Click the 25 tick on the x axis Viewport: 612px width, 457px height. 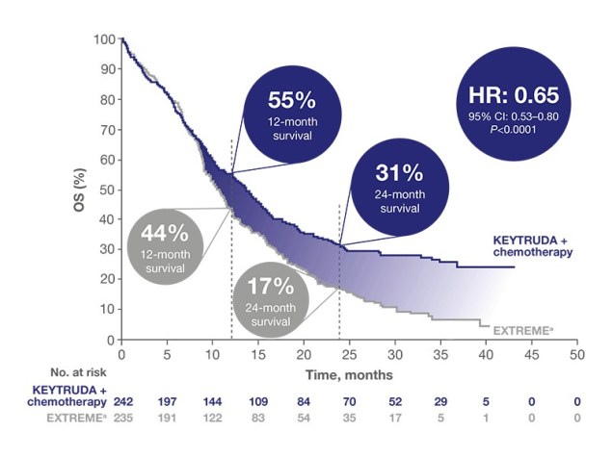tap(350, 354)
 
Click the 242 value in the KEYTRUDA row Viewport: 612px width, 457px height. tap(122, 400)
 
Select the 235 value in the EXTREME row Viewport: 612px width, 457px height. tap(122, 419)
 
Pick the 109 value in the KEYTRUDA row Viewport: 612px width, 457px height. tap(258, 400)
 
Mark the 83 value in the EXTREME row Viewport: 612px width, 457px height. tap(258, 419)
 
